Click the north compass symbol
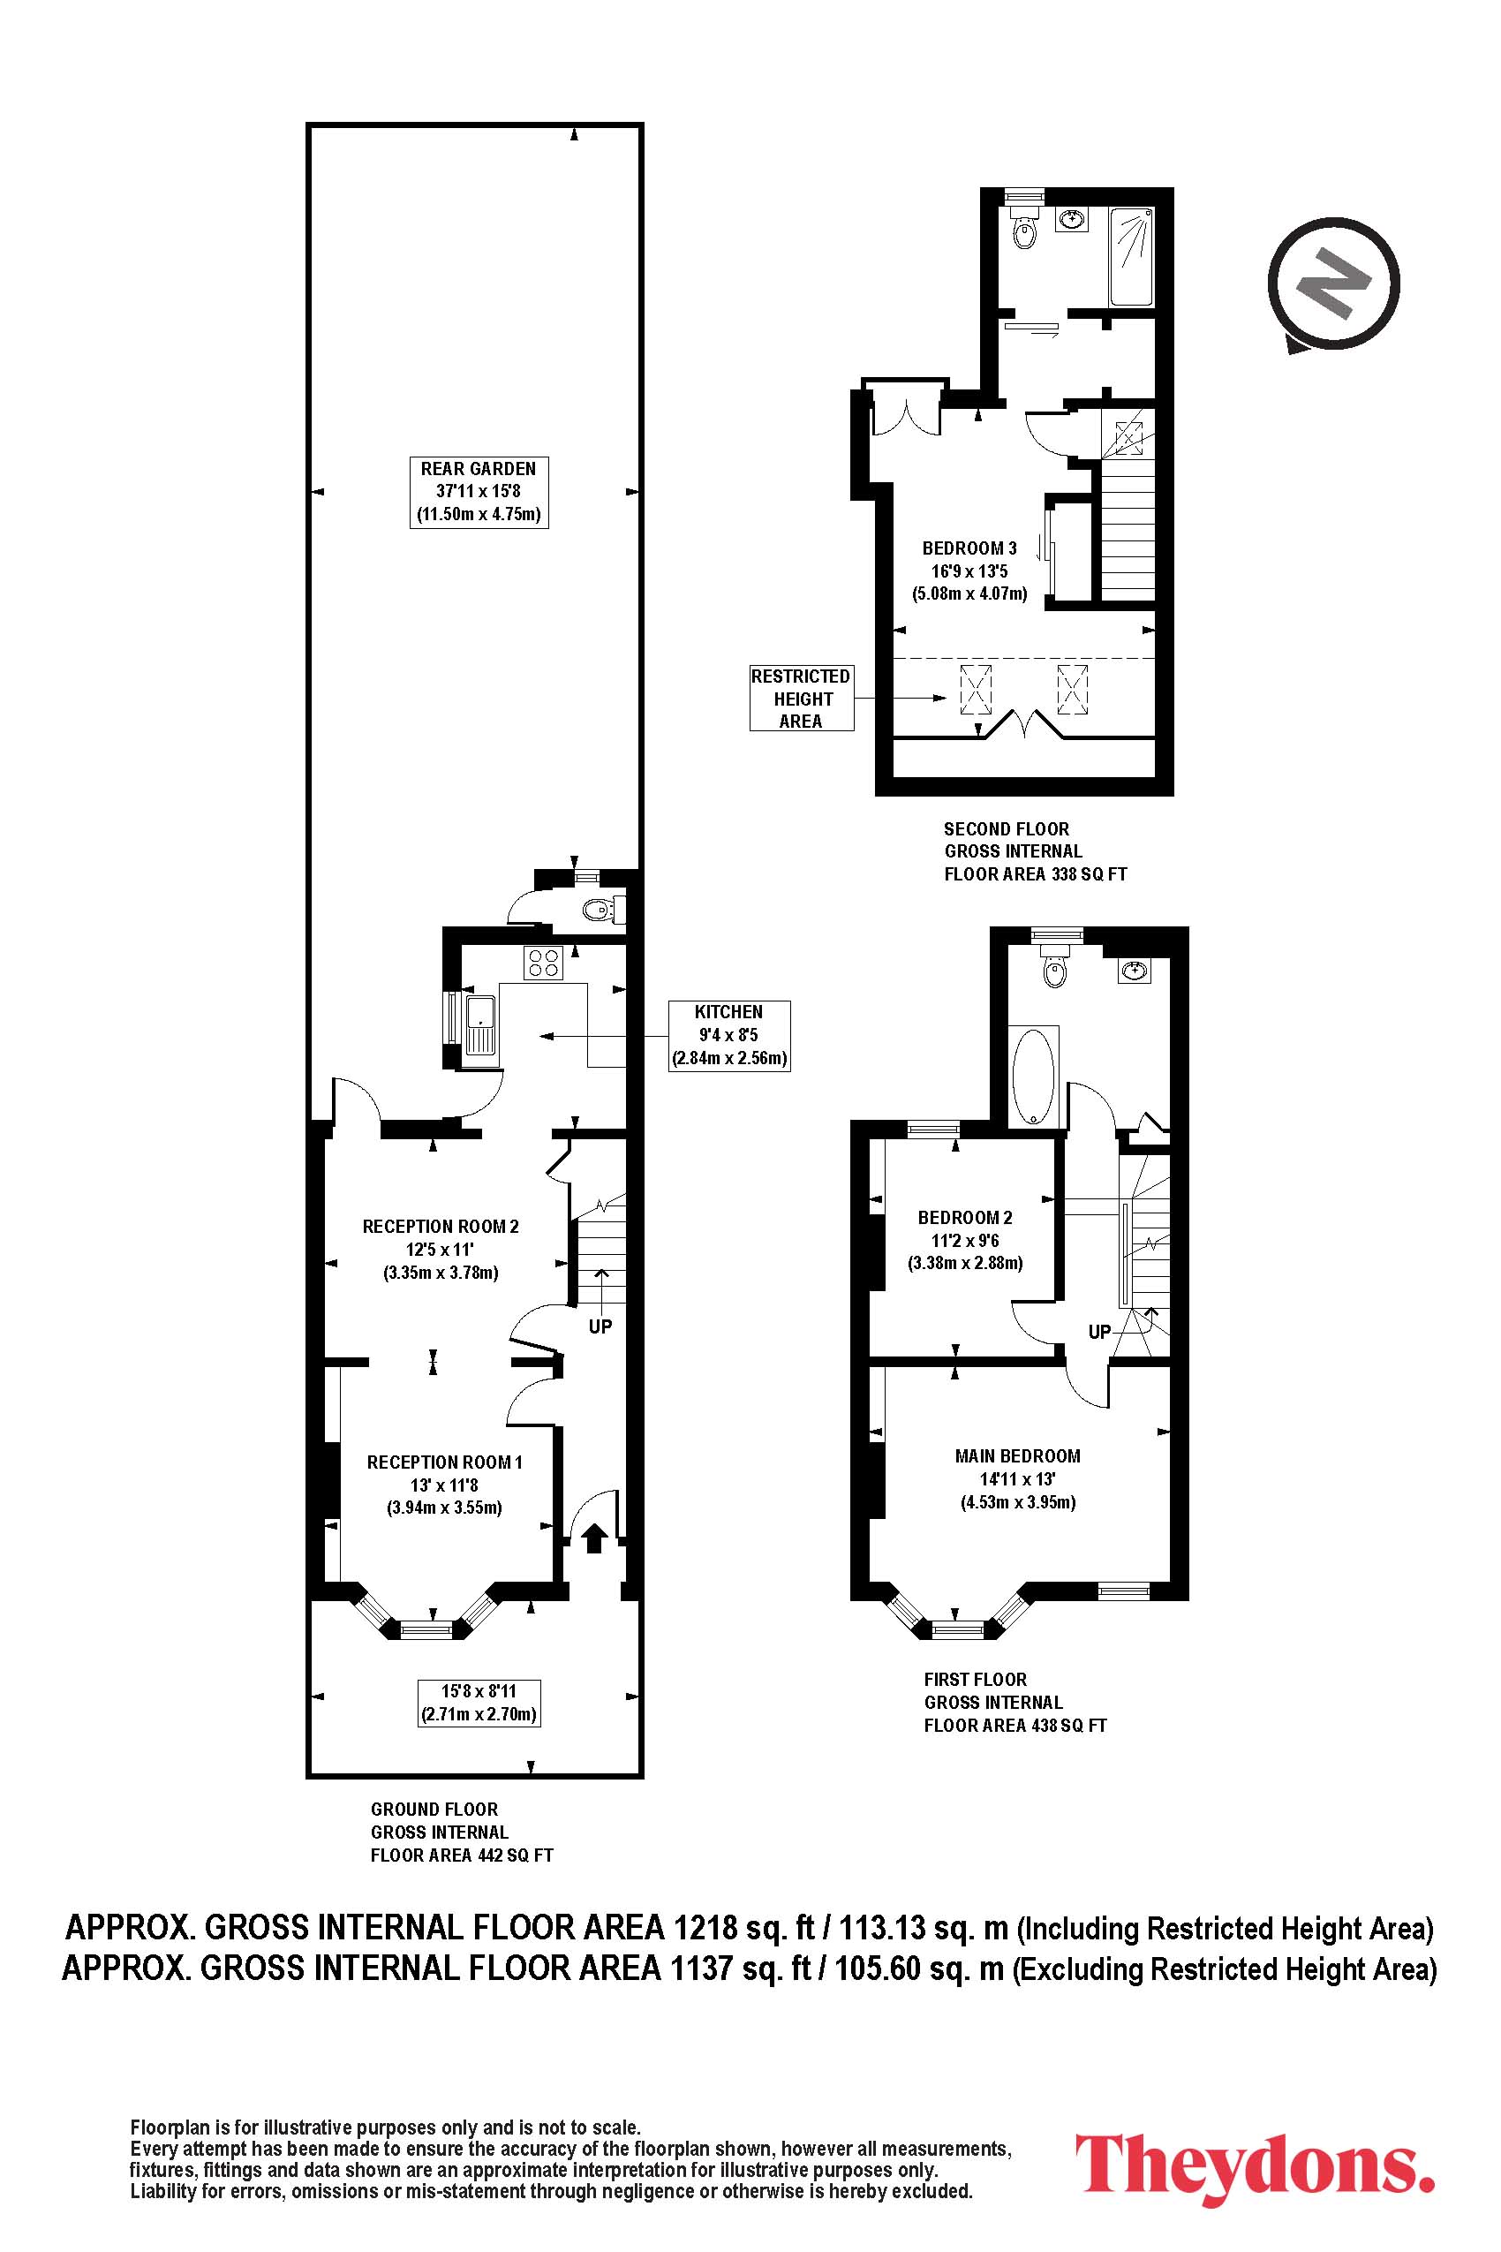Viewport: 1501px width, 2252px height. tap(1333, 285)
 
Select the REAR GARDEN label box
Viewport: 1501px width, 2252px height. tap(479, 492)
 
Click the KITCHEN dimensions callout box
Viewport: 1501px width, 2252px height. tap(729, 1035)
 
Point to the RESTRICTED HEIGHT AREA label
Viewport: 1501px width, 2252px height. tap(801, 699)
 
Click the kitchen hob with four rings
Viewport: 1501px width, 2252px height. tap(543, 963)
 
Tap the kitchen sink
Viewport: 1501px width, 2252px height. tap(479, 1025)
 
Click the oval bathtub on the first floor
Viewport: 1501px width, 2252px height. tap(1035, 1077)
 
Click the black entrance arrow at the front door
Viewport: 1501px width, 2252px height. tap(593, 1538)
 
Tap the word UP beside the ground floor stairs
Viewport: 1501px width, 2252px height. tap(600, 1327)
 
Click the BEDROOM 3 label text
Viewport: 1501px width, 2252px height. tap(969, 548)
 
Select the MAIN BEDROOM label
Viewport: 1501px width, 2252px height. tap(1017, 1456)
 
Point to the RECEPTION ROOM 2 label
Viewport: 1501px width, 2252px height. tap(441, 1227)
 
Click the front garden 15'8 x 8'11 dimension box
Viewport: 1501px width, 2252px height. tap(479, 1703)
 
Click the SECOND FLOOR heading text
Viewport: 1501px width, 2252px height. tap(1006, 829)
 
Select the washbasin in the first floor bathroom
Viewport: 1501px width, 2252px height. tap(1135, 971)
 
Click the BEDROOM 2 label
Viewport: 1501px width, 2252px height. tap(965, 1218)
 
